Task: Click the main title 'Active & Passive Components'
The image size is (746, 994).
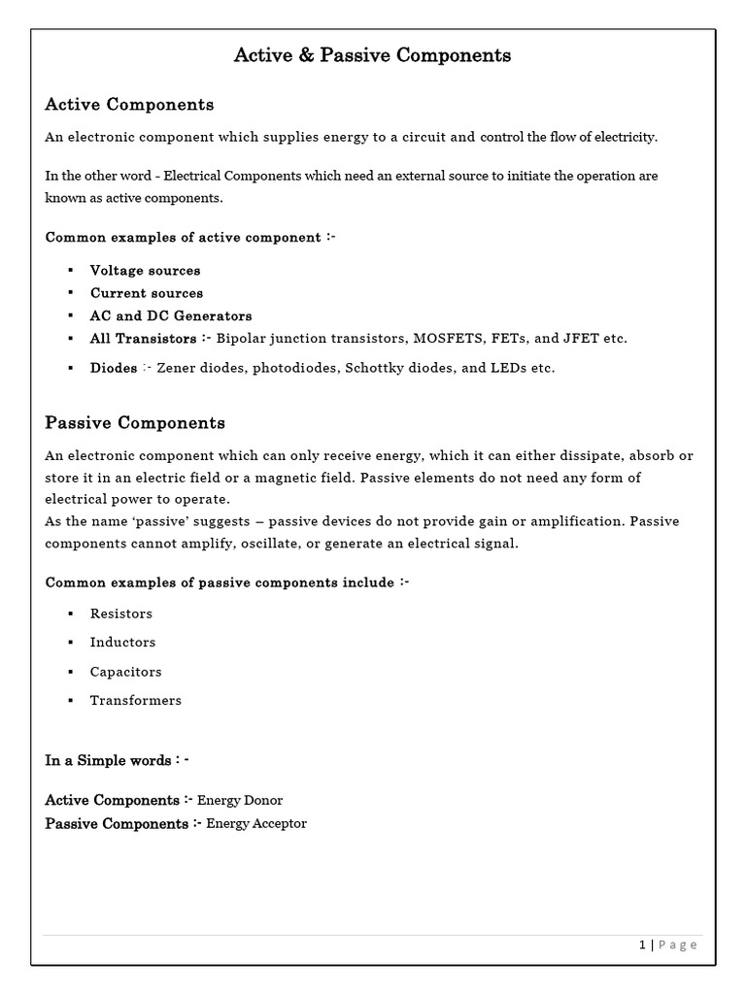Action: click(372, 55)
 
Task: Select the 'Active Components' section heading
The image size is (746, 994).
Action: click(129, 104)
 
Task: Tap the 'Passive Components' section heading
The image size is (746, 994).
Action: click(135, 422)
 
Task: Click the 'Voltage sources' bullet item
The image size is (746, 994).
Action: click(145, 270)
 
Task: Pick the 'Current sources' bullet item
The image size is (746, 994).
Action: click(147, 292)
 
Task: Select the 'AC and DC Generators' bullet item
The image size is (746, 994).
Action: click(171, 315)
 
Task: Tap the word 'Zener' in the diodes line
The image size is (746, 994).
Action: click(177, 369)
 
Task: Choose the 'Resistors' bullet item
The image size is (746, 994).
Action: click(121, 613)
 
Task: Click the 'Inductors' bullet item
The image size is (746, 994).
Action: click(122, 642)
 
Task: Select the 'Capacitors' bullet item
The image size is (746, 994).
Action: click(125, 672)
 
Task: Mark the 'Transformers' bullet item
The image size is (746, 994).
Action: click(135, 700)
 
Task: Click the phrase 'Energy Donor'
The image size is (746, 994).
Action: click(240, 800)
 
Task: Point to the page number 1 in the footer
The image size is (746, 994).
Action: click(642, 945)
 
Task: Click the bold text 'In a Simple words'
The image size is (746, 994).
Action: click(108, 760)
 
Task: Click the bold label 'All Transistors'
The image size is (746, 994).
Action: click(143, 339)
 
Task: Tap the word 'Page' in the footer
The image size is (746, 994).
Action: click(678, 945)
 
